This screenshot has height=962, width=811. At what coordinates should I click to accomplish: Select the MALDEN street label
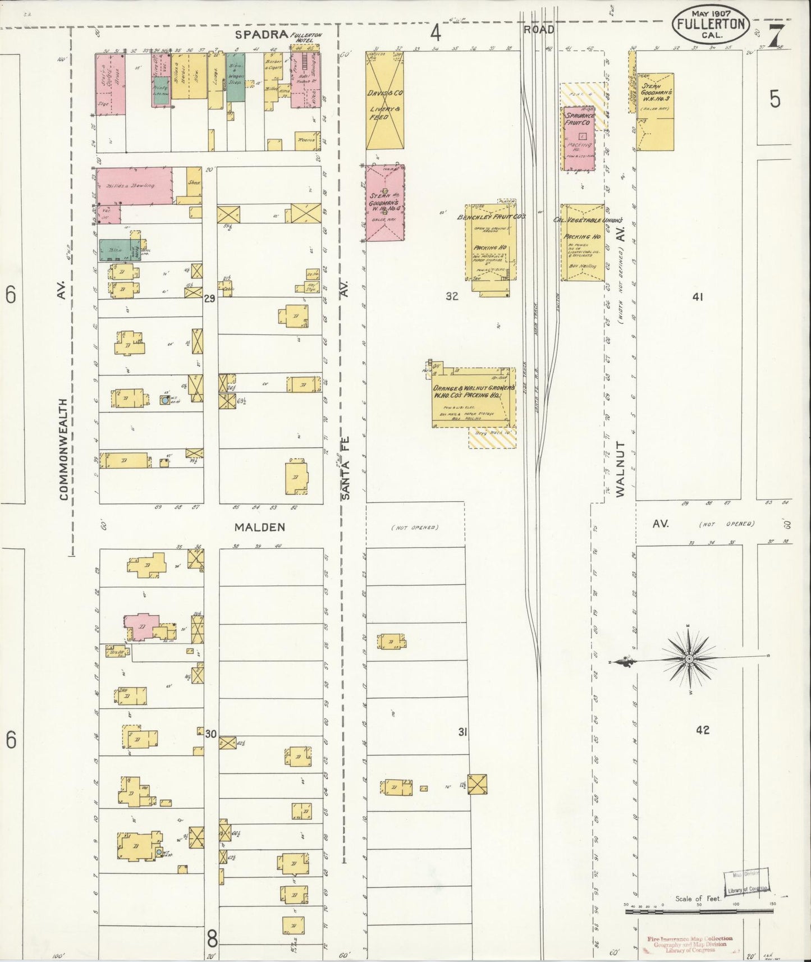click(x=260, y=527)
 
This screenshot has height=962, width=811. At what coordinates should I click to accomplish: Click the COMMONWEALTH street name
click(x=63, y=449)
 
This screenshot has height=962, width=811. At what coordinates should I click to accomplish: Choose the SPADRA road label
click(x=261, y=35)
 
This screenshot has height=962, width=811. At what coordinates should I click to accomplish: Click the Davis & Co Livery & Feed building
click(x=384, y=101)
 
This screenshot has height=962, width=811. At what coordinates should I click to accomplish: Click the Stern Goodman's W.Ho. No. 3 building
click(x=655, y=111)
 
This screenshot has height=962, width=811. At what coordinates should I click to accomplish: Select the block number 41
click(x=698, y=297)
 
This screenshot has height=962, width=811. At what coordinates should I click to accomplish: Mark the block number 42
click(x=702, y=730)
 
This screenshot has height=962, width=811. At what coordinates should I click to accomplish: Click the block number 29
click(x=209, y=299)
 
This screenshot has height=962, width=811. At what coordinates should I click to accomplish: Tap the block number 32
click(x=452, y=296)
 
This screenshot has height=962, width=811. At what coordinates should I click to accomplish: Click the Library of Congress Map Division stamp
click(x=746, y=889)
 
